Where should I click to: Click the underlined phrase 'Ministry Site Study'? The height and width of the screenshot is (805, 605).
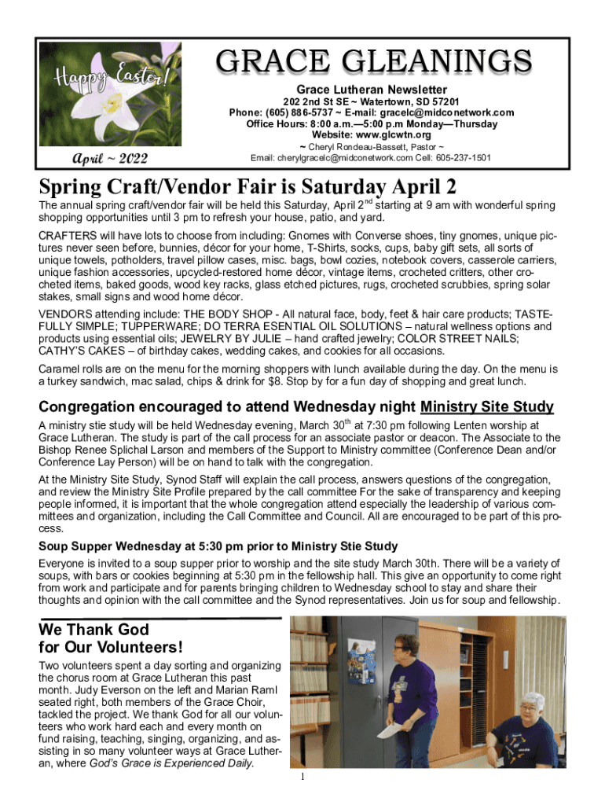tap(487, 407)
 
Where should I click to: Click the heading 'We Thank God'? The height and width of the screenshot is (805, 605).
tap(93, 630)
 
